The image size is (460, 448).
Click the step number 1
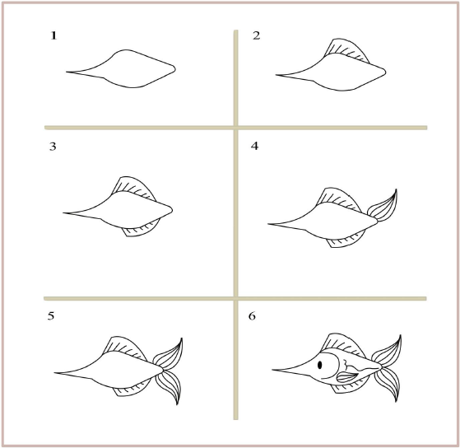point(54,36)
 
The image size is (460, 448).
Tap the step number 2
point(257,36)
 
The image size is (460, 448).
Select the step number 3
point(54,148)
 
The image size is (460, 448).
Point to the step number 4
point(256,147)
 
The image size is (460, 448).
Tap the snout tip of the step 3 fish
point(64,213)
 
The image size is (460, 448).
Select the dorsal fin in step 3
point(132,189)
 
